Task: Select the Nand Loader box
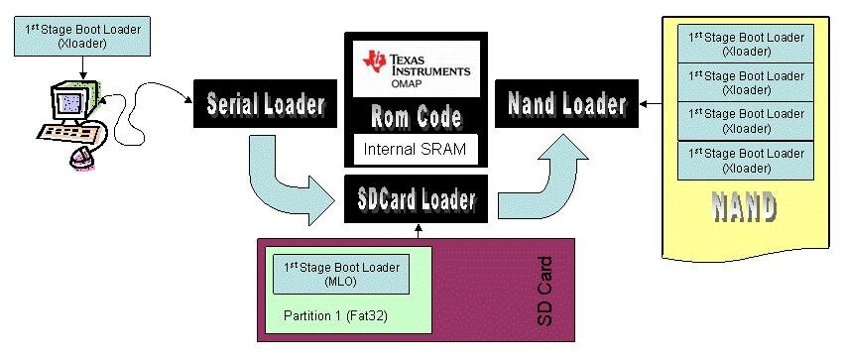tap(566, 103)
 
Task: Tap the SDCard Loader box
tap(416, 200)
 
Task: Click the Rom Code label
tap(416, 118)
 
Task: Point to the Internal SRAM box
tap(416, 150)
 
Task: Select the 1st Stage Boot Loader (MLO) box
tap(340, 274)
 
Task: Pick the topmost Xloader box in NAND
tap(746, 43)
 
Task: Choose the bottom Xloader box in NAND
tap(746, 160)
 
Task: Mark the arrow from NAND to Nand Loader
tap(656, 102)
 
